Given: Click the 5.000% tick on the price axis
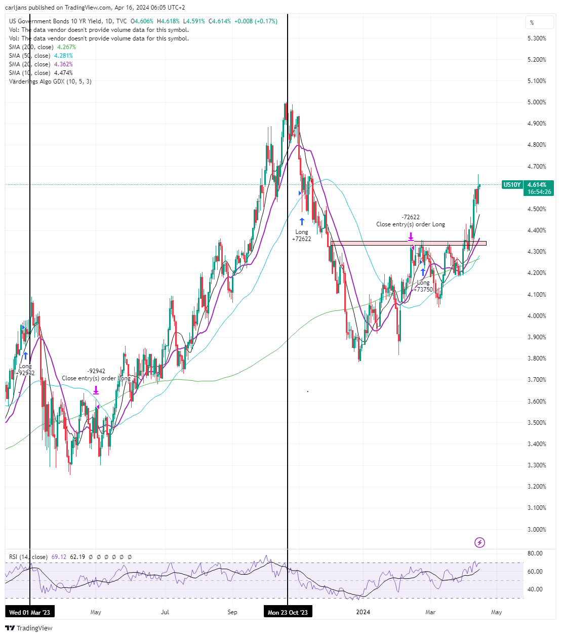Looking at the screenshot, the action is click(537, 102).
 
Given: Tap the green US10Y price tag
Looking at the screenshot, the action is click(511, 184).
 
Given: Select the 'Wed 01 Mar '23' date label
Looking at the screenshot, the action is click(29, 612).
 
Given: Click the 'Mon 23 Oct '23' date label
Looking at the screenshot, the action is click(288, 612).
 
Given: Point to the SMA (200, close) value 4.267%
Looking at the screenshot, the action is click(66, 47).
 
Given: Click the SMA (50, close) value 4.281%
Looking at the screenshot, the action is click(63, 56).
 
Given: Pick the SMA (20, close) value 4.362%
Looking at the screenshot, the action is click(63, 64).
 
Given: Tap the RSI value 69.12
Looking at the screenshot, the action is click(59, 557).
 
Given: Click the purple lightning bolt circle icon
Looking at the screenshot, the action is click(479, 542).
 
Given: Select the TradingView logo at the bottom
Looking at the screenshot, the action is click(29, 628).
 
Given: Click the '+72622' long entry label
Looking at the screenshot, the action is click(302, 239).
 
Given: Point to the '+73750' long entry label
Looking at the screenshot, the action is click(423, 290).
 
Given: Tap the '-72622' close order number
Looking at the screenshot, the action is click(411, 217).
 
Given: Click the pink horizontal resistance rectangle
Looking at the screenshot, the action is click(409, 243).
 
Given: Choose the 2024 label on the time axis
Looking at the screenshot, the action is click(363, 612).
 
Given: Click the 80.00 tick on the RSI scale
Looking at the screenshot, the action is click(535, 553).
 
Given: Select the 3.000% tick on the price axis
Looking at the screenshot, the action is click(537, 530).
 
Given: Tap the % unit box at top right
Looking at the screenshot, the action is click(540, 22).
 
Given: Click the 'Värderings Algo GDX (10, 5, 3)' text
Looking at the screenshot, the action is click(50, 82).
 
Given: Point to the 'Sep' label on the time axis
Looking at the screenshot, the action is click(232, 612).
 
